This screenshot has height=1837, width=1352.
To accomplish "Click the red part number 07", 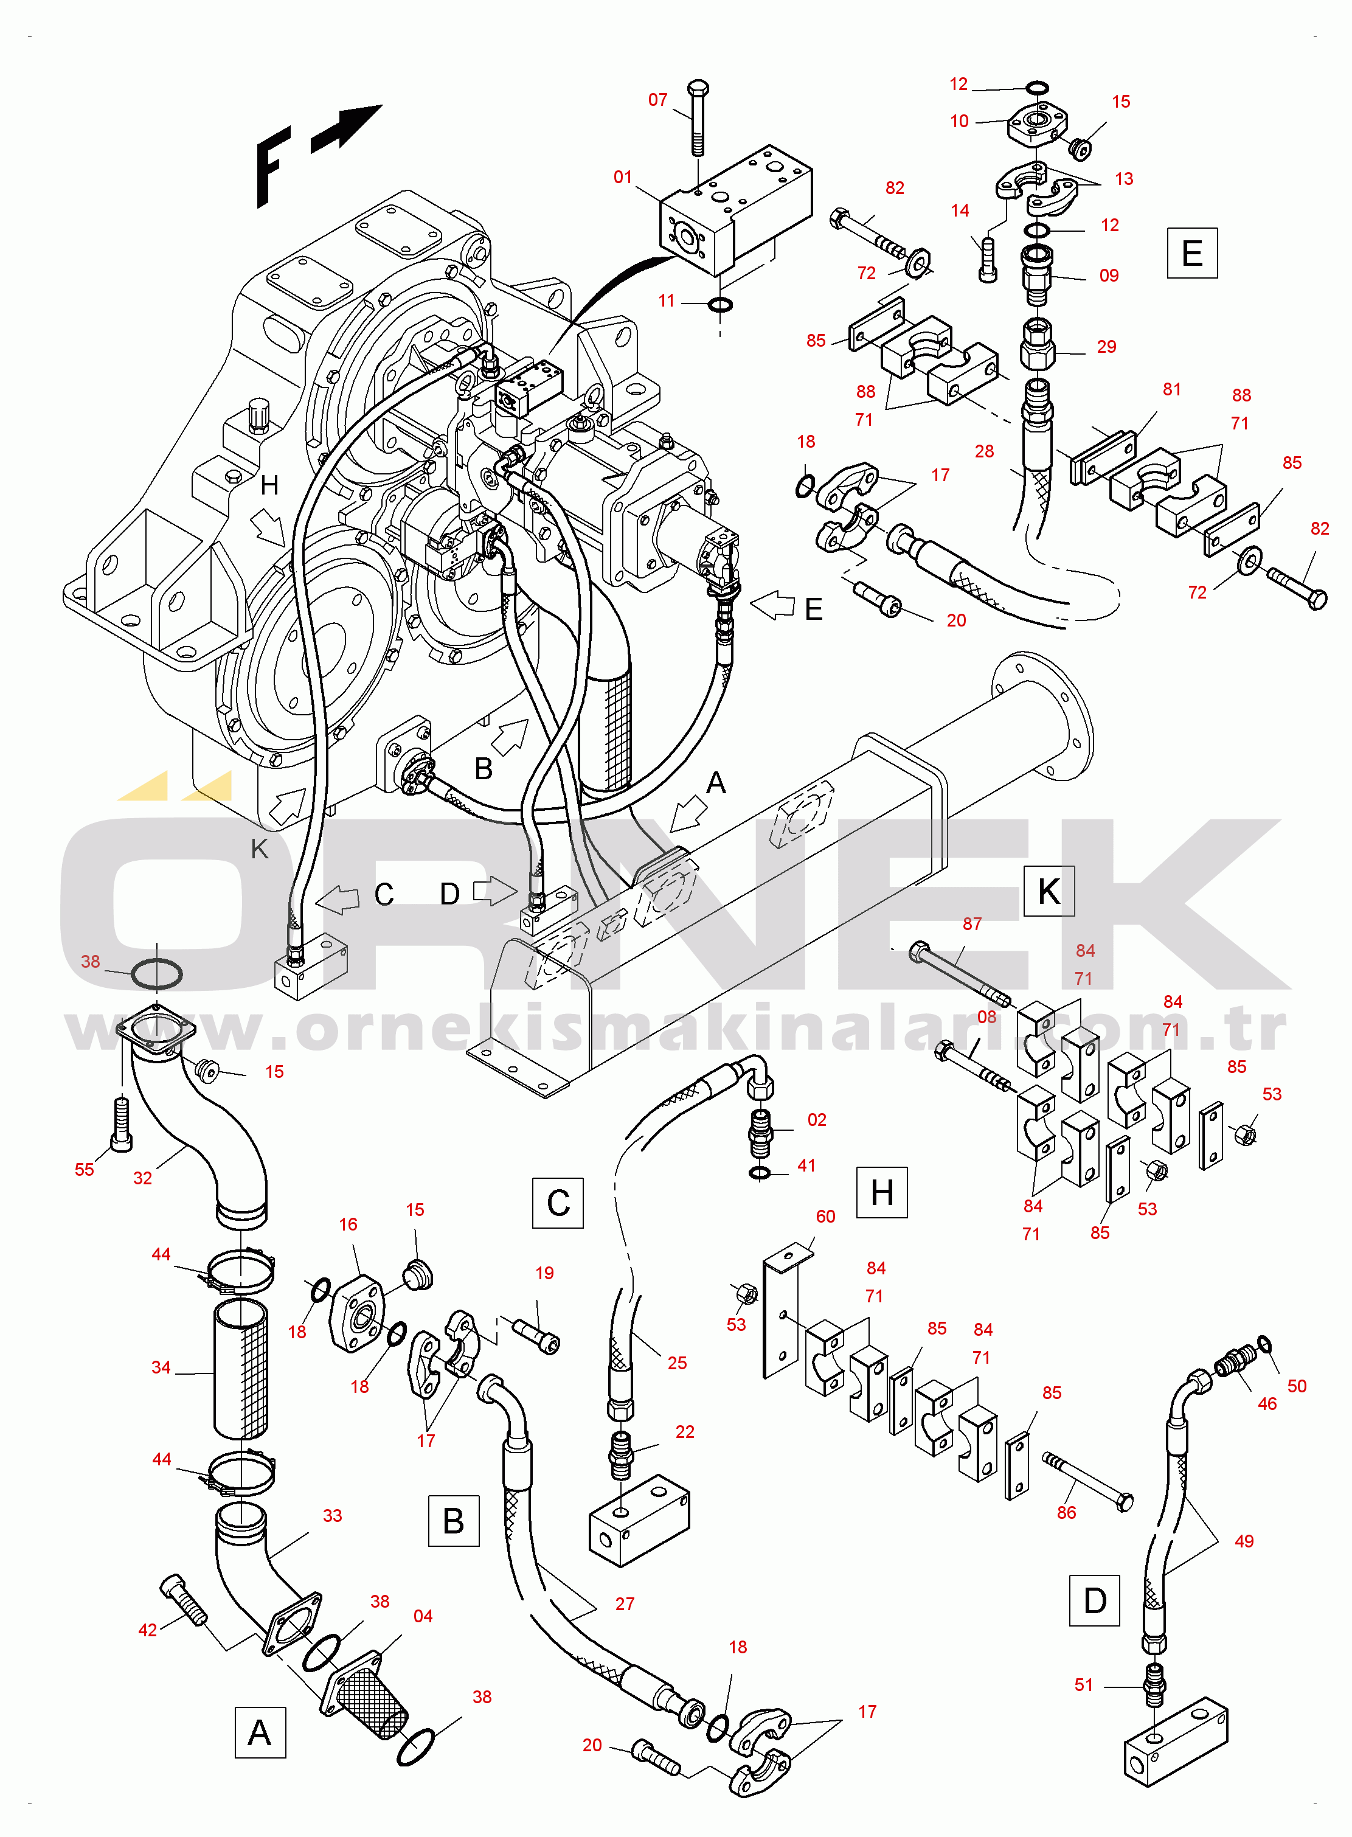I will [x=657, y=100].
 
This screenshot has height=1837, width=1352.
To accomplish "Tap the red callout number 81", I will [x=1171, y=390].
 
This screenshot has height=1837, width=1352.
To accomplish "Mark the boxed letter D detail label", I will [x=1094, y=1600].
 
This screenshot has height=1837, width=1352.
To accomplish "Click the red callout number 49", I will [x=1243, y=1541].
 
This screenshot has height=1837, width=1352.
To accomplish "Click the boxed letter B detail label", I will [x=453, y=1521].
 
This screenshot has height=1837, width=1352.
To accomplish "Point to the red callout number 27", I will [x=625, y=1603].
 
